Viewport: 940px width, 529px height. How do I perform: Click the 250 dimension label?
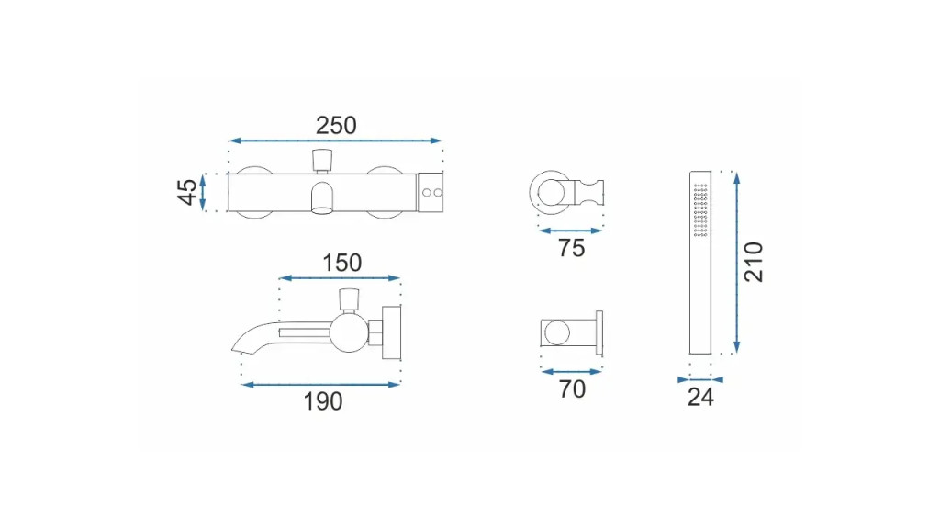(x=336, y=125)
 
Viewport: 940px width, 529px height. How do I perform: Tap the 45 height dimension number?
(x=187, y=192)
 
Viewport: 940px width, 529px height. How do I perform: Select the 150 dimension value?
(x=341, y=263)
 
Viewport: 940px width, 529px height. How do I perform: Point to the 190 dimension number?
(x=323, y=401)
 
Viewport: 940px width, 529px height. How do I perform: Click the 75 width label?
(x=571, y=248)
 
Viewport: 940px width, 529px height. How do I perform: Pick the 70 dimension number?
(x=572, y=388)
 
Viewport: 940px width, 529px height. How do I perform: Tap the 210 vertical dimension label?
(x=753, y=262)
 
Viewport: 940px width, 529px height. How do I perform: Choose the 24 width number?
(x=700, y=397)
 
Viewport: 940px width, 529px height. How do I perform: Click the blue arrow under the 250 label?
(x=336, y=141)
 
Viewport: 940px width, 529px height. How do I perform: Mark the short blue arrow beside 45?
(x=203, y=192)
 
